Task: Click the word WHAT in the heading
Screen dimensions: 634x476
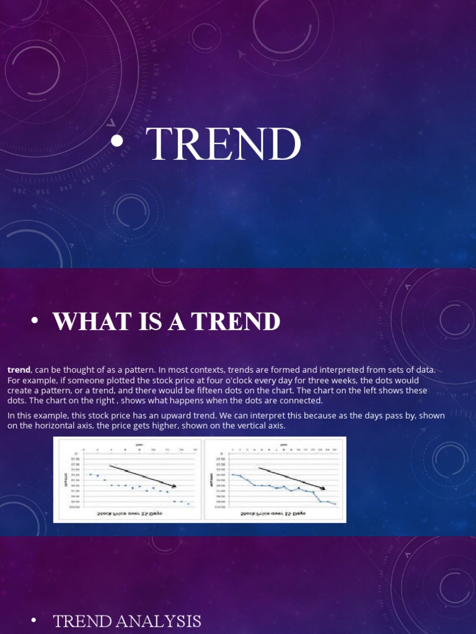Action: pyautogui.click(x=84, y=321)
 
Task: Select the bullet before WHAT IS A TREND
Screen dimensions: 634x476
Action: pyautogui.click(x=35, y=320)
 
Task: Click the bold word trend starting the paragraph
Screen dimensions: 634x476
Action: pyautogui.click(x=19, y=370)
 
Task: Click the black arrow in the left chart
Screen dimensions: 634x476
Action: pyautogui.click(x=143, y=475)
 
